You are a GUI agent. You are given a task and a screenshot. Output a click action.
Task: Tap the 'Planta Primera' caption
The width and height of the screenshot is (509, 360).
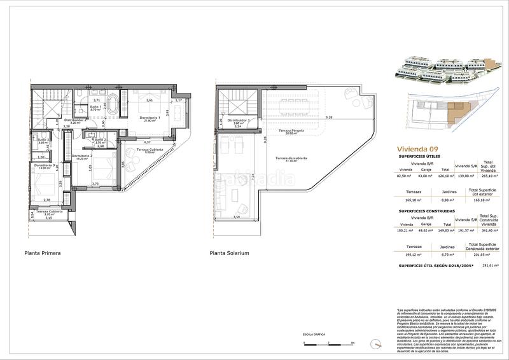tap(42, 253)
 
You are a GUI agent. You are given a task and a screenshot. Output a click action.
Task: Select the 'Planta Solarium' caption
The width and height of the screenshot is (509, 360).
tap(229, 253)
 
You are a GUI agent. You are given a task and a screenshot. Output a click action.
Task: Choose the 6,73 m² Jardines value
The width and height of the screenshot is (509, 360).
tap(449, 254)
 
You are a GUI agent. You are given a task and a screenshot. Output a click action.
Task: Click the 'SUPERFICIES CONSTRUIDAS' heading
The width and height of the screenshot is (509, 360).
tap(426, 211)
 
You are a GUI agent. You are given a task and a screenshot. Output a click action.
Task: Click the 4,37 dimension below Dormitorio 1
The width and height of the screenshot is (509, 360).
tap(147, 142)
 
